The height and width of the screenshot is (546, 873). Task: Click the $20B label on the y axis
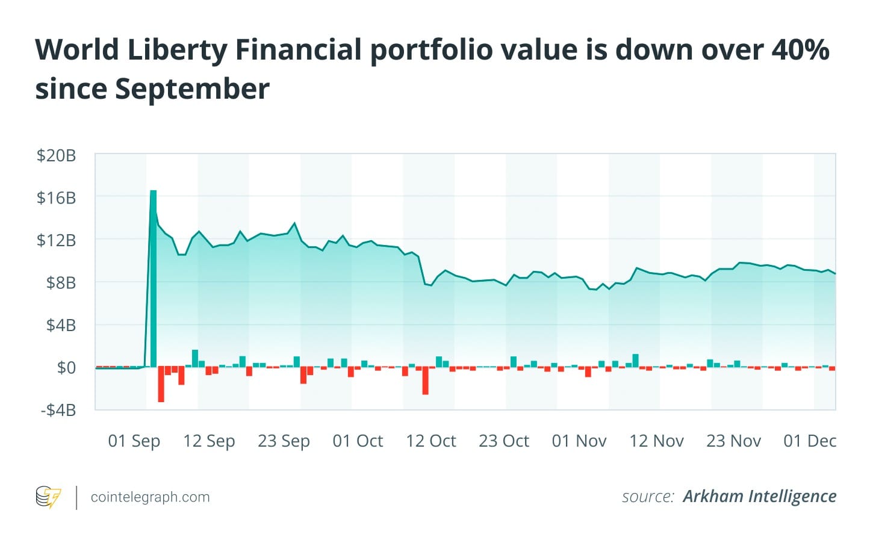pyautogui.click(x=56, y=155)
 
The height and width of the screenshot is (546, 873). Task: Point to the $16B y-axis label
pyautogui.click(x=56, y=197)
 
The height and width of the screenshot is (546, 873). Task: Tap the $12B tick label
pyautogui.click(x=56, y=240)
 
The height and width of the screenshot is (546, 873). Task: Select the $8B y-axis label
pyautogui.click(x=61, y=282)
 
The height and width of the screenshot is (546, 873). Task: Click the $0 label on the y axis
pyautogui.click(x=66, y=367)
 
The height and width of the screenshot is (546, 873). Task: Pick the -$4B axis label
pyautogui.click(x=58, y=410)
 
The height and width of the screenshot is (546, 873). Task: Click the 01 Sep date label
pyautogui.click(x=134, y=441)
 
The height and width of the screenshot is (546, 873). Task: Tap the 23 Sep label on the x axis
pyautogui.click(x=284, y=441)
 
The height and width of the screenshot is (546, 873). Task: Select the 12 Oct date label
pyautogui.click(x=431, y=441)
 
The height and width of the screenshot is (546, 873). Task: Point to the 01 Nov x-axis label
pyautogui.click(x=579, y=441)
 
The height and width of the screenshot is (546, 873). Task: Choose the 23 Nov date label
pyautogui.click(x=733, y=441)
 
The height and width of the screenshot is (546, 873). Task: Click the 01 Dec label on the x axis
pyautogui.click(x=810, y=441)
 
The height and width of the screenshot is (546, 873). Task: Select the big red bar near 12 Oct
pyautogui.click(x=425, y=380)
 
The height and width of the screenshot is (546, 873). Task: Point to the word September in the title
pyautogui.click(x=192, y=89)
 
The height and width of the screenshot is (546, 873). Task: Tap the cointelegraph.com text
pyautogui.click(x=150, y=497)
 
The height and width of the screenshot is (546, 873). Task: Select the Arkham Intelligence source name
pyautogui.click(x=759, y=497)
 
